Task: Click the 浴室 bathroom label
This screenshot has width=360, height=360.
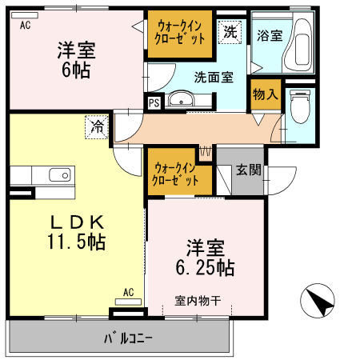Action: point(270,35)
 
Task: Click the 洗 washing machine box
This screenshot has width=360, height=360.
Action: point(230,32)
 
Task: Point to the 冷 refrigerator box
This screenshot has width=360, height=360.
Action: point(97,126)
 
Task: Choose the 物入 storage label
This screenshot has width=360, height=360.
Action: point(265,94)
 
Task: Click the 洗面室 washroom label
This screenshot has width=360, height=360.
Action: point(214,78)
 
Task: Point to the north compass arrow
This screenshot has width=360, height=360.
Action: point(317,302)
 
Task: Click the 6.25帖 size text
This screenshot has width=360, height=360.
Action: point(205,267)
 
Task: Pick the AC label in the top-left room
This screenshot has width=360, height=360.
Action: point(25,25)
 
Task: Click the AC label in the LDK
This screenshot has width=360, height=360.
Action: point(128,292)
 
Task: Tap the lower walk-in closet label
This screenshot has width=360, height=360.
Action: point(177,174)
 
